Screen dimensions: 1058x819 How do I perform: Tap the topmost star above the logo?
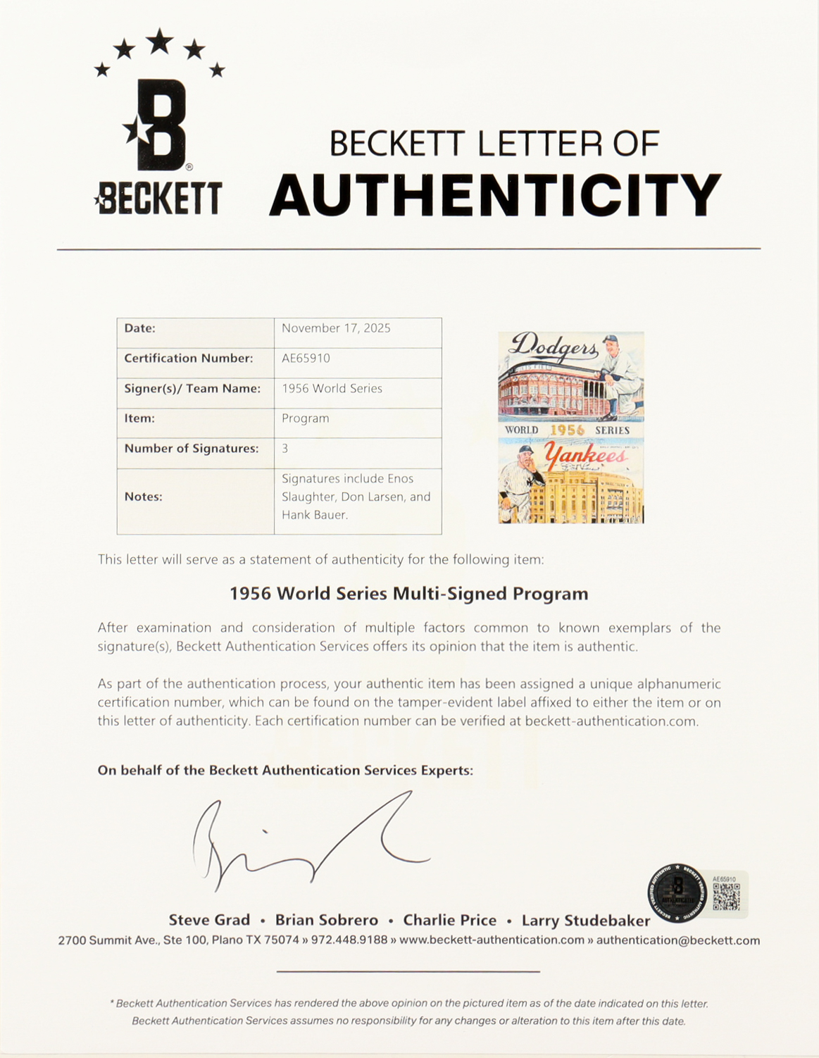click(160, 41)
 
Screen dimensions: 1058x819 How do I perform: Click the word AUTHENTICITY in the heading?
click(495, 195)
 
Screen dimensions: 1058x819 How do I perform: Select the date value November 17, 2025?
click(336, 328)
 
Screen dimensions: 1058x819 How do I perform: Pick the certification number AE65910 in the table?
click(306, 358)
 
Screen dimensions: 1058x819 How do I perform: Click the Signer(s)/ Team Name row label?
click(192, 388)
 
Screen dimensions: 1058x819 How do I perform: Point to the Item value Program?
click(306, 418)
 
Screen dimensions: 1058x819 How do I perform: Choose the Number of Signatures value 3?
click(285, 449)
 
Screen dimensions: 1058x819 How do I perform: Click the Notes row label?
click(143, 497)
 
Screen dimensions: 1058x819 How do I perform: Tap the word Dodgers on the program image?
click(554, 346)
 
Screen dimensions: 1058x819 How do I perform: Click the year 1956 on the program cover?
click(567, 430)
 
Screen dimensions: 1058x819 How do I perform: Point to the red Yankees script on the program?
click(586, 456)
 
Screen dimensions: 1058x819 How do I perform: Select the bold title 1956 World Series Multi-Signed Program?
click(408, 594)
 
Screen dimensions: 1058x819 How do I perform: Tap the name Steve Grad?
click(209, 920)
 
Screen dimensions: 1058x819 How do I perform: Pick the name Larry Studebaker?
click(586, 921)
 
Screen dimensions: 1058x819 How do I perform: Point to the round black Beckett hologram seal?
click(677, 893)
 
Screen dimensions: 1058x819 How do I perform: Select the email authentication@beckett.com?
click(678, 940)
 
